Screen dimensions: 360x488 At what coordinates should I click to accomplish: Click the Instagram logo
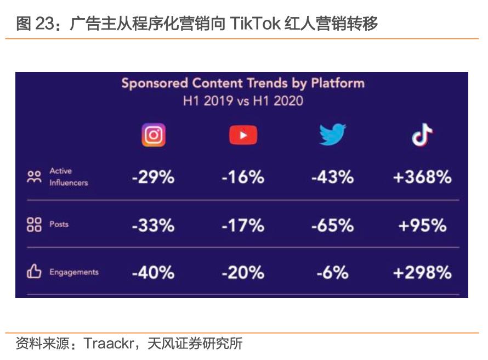point(154,134)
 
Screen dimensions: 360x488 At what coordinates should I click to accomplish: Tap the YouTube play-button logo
point(243,135)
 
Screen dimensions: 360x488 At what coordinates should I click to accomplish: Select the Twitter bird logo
point(332,134)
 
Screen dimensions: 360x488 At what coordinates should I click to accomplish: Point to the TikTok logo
point(422,134)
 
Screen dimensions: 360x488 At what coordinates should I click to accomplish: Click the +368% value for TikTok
point(422,177)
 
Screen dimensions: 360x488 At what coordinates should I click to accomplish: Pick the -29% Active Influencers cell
point(153,177)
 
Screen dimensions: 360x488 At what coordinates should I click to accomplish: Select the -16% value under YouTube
point(243,177)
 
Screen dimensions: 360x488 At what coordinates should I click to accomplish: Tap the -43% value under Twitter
point(332,177)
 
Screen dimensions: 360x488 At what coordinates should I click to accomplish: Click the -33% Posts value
point(153,225)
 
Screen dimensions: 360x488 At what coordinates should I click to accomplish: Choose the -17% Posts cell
point(243,225)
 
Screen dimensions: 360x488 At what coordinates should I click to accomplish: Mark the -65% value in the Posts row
point(332,225)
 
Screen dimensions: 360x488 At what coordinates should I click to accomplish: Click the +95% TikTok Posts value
point(422,225)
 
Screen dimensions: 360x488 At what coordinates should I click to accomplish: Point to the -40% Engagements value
point(153,272)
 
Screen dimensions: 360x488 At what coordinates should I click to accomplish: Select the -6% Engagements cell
point(332,272)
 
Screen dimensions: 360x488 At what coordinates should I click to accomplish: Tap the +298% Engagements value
point(422,272)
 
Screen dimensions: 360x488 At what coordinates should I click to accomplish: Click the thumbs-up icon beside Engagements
point(34,272)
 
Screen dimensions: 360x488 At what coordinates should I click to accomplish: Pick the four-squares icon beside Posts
point(34,224)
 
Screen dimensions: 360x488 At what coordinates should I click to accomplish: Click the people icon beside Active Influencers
point(34,177)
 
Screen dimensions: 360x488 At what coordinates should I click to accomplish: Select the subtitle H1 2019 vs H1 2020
point(242,101)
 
